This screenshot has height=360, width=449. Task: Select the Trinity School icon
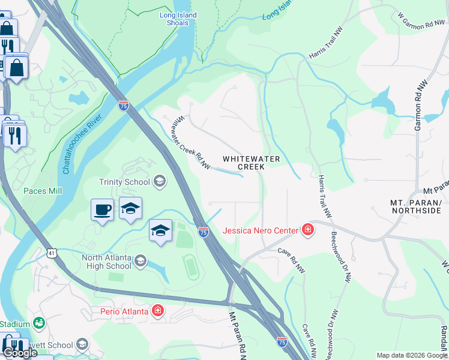coord(160,181)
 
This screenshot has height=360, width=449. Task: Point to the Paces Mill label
coord(43,191)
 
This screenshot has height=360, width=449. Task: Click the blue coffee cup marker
coord(102,210)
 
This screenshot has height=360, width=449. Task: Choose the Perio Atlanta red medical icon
coord(157,311)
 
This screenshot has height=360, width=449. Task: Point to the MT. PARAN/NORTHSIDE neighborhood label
coord(416,206)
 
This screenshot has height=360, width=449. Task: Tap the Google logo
coord(19,353)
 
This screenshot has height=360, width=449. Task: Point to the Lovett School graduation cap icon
coord(82,345)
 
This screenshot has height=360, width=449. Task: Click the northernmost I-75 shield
coord(124,106)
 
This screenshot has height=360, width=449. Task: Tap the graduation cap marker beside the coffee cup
coord(130,208)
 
